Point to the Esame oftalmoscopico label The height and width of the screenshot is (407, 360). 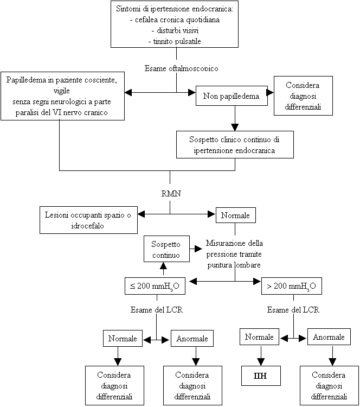coord(181,68)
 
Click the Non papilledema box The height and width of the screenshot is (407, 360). coord(232,96)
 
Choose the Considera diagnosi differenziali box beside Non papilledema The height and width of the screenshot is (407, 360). coord(303,96)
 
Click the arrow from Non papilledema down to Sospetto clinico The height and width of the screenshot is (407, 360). coord(234,117)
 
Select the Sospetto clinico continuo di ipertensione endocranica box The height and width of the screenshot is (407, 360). coord(235,144)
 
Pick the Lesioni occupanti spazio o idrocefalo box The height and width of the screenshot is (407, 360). coord(87,220)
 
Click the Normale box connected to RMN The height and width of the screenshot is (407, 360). coord(235,215)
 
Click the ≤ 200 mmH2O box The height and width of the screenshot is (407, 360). coord(157,285)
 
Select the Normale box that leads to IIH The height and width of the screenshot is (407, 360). coord(259,337)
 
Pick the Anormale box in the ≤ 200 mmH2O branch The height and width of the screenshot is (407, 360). coord(192,339)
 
